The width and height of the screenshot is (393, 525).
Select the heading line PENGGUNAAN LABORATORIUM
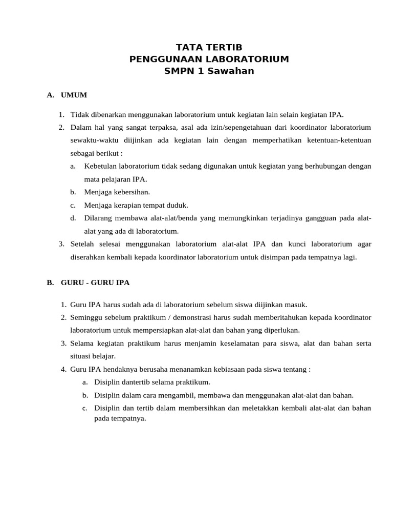pos(209,59)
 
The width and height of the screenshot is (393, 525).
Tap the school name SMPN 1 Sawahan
pos(209,71)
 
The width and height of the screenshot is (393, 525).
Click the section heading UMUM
pos(74,95)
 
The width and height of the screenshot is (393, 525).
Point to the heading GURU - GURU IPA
pos(96,282)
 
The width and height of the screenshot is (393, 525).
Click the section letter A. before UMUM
pos(50,95)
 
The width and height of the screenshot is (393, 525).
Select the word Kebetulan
pos(100,166)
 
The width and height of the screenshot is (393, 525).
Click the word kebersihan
pos(132,192)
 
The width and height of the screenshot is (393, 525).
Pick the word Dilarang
pos(99,218)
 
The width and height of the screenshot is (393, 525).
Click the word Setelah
pos(82,244)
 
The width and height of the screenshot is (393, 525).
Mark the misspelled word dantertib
pos(129,382)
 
